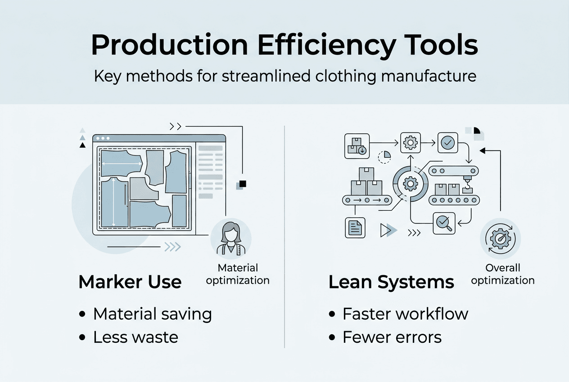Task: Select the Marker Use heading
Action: point(130,282)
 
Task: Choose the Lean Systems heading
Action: point(391,282)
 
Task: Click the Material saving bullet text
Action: point(152,314)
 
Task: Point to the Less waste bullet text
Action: point(135,337)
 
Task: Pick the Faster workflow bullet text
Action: point(405,314)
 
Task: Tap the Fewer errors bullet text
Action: point(392,337)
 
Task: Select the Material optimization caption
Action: point(238,274)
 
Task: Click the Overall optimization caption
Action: point(502,274)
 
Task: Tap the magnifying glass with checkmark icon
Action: point(444,223)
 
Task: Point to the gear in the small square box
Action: point(410,143)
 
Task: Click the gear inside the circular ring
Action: point(410,183)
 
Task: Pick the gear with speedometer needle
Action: point(500,239)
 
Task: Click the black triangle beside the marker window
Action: point(82,145)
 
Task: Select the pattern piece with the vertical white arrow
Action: point(114,202)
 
